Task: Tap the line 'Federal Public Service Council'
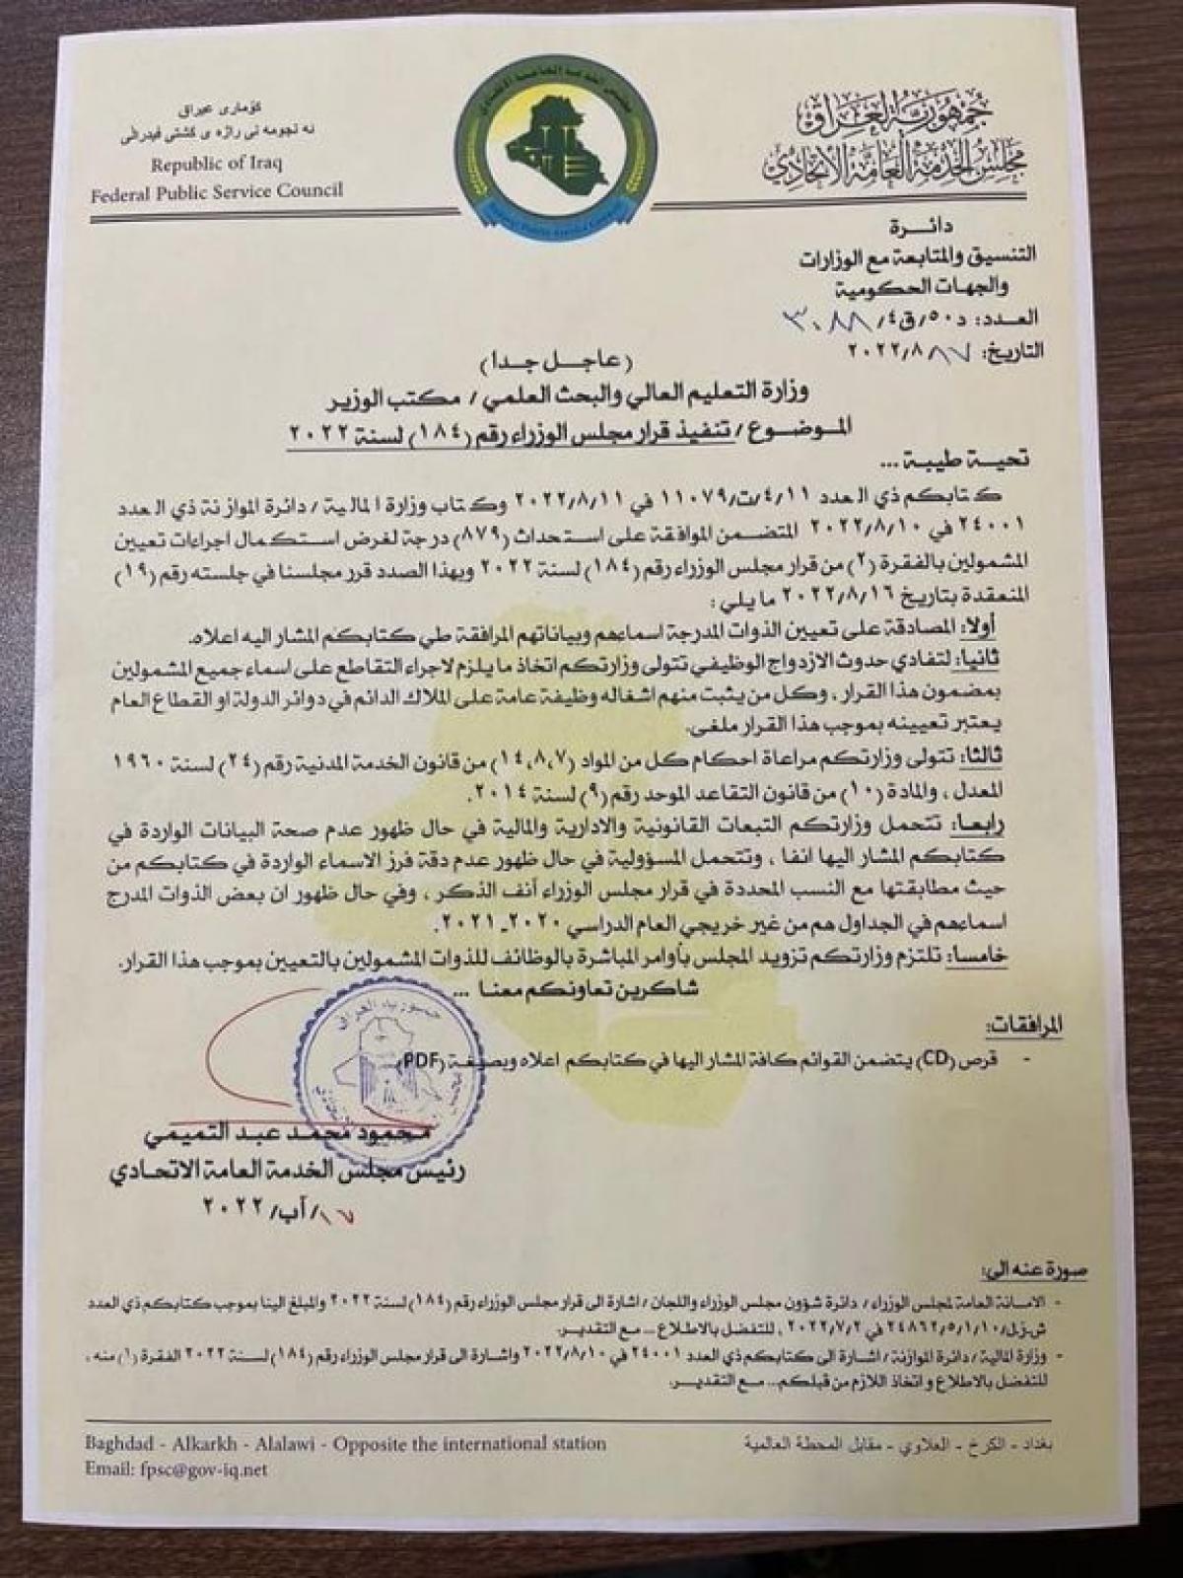[x=217, y=189]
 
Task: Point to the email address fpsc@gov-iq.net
[x=176, y=1470]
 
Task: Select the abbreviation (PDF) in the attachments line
[x=422, y=1063]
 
